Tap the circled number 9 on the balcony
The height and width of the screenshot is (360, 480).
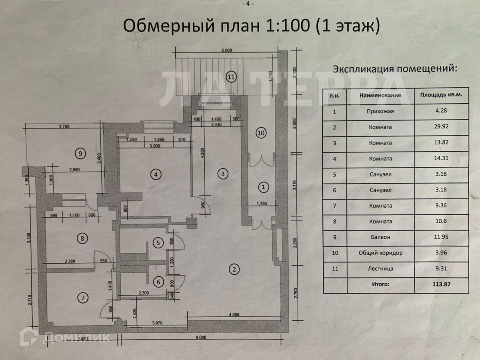point(80,152)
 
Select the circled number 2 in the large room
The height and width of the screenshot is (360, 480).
point(234,269)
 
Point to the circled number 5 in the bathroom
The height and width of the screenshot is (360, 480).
point(158,242)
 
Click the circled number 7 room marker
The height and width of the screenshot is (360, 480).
point(83,298)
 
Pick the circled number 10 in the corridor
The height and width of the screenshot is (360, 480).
point(261,133)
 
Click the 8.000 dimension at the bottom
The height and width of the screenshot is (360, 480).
point(201,337)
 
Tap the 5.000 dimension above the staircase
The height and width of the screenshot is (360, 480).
point(226,50)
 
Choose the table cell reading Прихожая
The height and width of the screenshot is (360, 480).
point(380,111)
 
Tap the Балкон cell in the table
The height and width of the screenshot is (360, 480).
point(380,237)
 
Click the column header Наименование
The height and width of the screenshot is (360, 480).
point(380,96)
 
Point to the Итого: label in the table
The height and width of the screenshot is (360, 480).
point(380,284)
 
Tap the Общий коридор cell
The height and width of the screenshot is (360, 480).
point(380,253)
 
